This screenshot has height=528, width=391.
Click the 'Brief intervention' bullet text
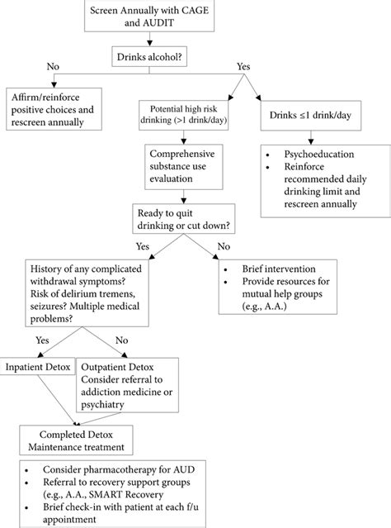(280, 269)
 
